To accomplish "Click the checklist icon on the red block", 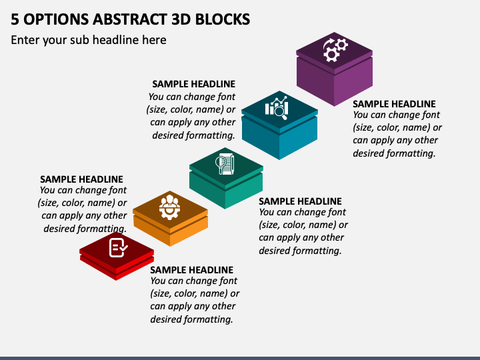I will [117, 248].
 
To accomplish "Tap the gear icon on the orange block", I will [170, 207].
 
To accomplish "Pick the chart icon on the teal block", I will [278, 107].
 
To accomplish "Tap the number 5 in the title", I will [15, 19].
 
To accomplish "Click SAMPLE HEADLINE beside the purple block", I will [394, 104].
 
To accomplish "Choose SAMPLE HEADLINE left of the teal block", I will [193, 84].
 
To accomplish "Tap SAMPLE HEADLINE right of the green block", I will [300, 201].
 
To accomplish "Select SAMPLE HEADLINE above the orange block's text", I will [81, 179].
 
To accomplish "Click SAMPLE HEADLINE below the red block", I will [191, 270].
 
